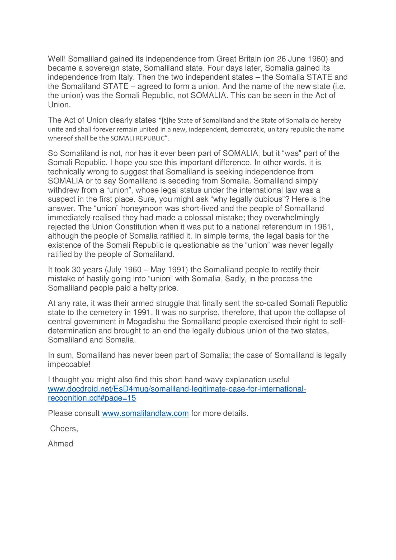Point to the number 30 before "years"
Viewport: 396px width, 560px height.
tap(76, 270)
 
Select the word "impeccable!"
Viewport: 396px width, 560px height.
tap(69, 365)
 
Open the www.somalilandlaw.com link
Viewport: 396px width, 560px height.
tap(145, 413)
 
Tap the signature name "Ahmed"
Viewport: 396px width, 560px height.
tap(60, 444)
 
